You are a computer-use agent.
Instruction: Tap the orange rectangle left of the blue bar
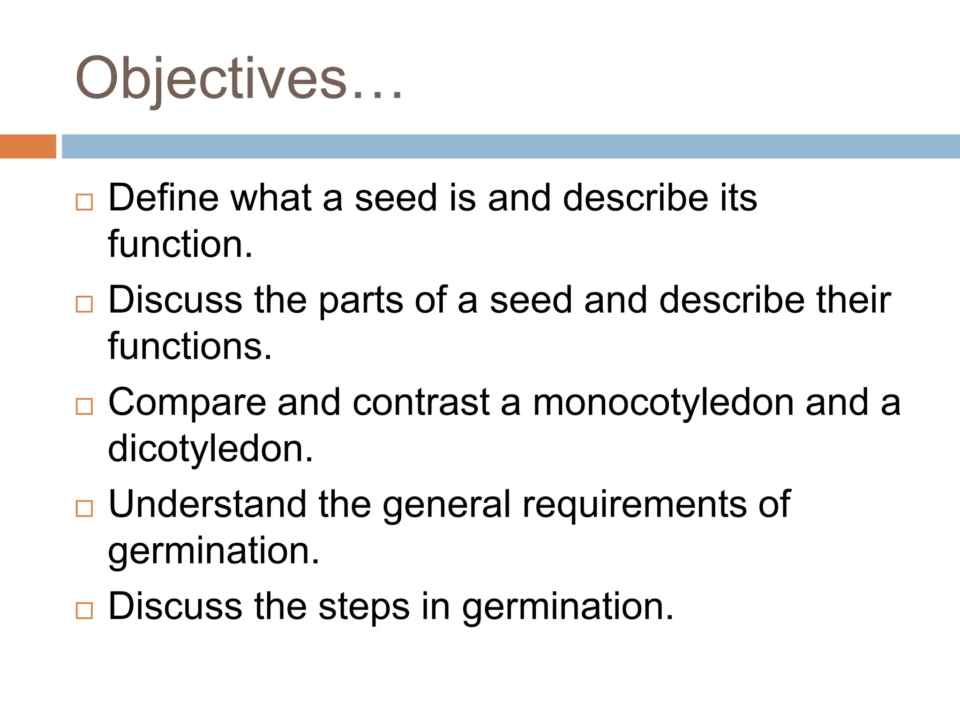point(28,146)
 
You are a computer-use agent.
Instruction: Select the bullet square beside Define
point(84,202)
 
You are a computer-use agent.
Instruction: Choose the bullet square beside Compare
point(84,406)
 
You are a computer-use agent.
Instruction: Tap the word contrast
point(421,402)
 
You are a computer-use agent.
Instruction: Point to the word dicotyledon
point(210,449)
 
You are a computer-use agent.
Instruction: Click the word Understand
point(207,504)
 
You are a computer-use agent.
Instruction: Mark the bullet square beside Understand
point(84,509)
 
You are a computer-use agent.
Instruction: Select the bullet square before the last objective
point(84,610)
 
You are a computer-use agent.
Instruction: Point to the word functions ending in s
point(189,346)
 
